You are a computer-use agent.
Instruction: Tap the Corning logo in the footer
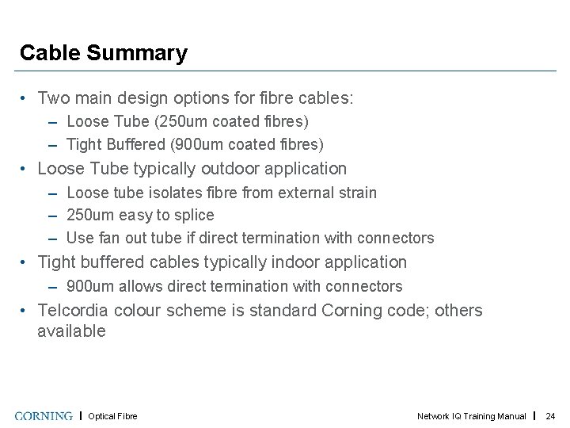44,416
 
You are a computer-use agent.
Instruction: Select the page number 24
551,416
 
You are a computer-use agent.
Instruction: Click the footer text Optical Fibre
112,416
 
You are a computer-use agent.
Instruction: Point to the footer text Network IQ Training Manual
471,416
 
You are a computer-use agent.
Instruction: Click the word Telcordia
74,310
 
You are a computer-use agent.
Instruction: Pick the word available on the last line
71,331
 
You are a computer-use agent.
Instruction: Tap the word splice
196,215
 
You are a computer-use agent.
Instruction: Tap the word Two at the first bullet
55,98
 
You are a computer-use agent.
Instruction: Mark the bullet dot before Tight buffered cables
26,262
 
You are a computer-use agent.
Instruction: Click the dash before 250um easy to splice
51,216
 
